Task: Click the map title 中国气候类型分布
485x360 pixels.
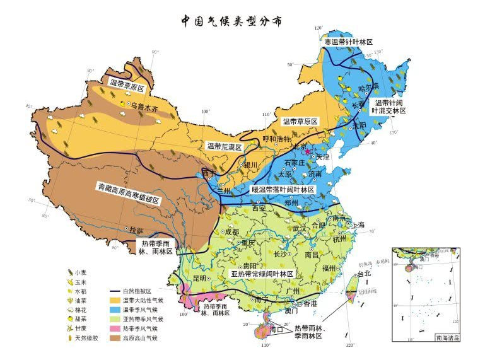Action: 231,21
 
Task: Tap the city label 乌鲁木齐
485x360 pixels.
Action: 146,108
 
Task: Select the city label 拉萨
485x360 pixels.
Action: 136,231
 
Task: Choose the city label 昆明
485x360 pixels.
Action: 200,277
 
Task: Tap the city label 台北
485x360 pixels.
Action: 365,274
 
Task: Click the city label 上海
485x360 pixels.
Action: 358,224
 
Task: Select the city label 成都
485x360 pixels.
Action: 231,232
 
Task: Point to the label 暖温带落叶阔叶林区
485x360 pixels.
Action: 283,189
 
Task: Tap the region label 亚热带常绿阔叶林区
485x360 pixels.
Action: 262,275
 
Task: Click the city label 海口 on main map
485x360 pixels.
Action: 276,329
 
